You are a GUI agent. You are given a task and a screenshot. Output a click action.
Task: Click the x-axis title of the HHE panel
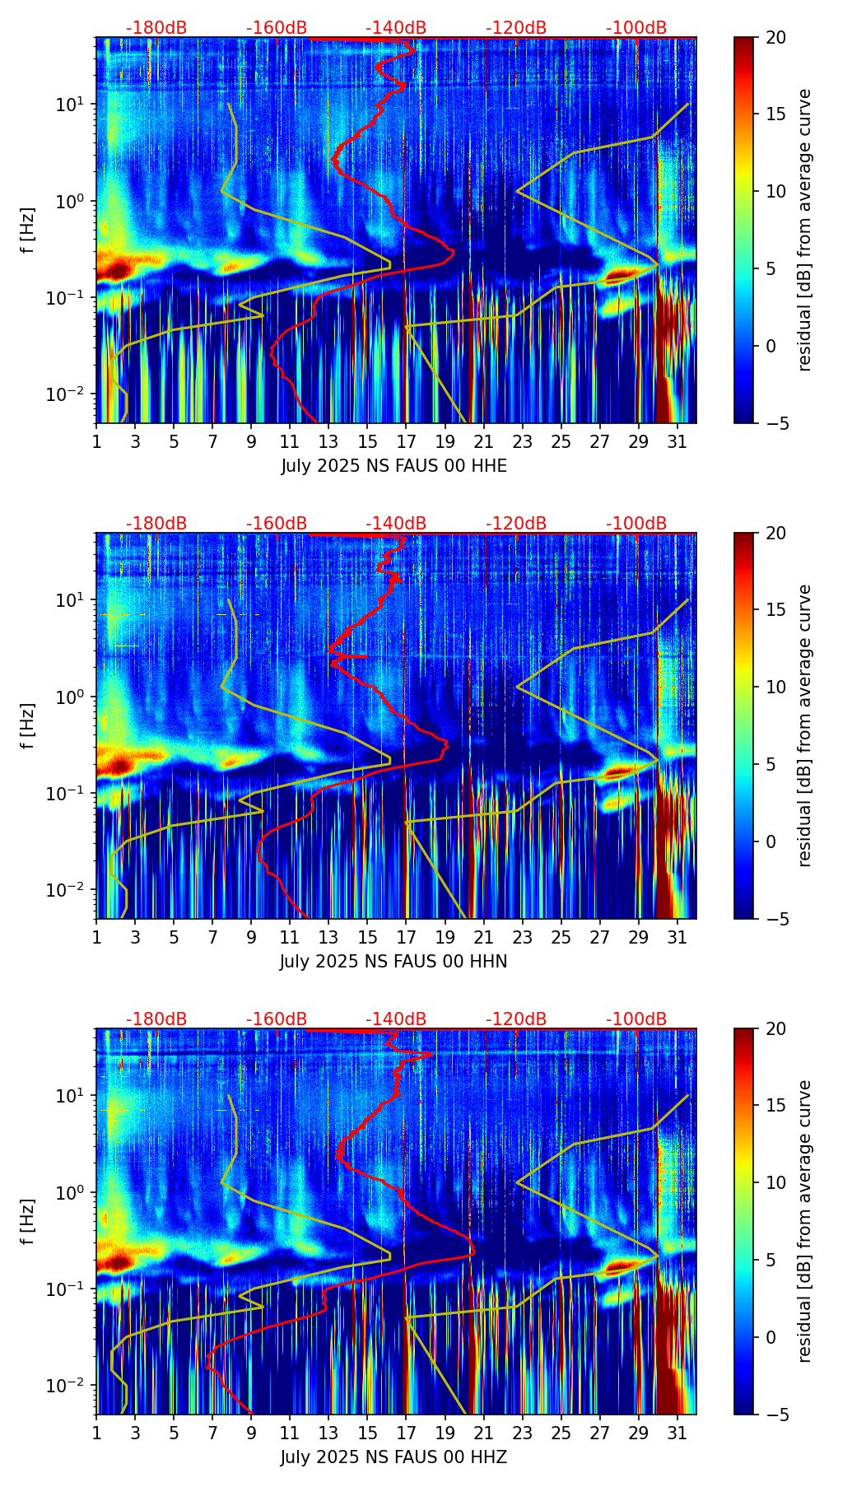393,466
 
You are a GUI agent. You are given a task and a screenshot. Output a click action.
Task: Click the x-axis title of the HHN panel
393,962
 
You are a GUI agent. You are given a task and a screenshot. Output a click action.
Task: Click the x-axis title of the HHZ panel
393,1457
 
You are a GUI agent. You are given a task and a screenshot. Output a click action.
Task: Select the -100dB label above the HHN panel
636,524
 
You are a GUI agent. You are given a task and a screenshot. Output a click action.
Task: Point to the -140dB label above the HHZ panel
396,1019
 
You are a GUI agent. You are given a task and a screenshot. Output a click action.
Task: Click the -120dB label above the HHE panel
516,28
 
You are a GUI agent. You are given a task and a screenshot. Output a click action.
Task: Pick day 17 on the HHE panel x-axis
406,441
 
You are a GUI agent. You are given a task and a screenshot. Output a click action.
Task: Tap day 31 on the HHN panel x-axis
677,937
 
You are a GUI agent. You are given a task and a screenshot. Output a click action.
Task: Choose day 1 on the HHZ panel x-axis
97,1433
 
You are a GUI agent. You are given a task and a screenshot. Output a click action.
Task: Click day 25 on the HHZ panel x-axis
561,1433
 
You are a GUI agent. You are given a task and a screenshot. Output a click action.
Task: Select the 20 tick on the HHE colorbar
775,38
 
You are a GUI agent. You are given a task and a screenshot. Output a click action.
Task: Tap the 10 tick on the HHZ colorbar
775,1182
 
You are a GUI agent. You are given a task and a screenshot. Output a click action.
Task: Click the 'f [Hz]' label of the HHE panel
28,231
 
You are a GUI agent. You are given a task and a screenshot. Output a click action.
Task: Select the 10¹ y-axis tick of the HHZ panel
71,1096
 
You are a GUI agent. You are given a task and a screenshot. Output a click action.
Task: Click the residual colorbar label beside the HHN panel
804,725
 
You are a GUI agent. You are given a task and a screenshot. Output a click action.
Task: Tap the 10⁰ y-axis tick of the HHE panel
71,201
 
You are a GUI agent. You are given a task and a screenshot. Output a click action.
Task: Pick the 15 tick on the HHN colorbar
775,610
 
